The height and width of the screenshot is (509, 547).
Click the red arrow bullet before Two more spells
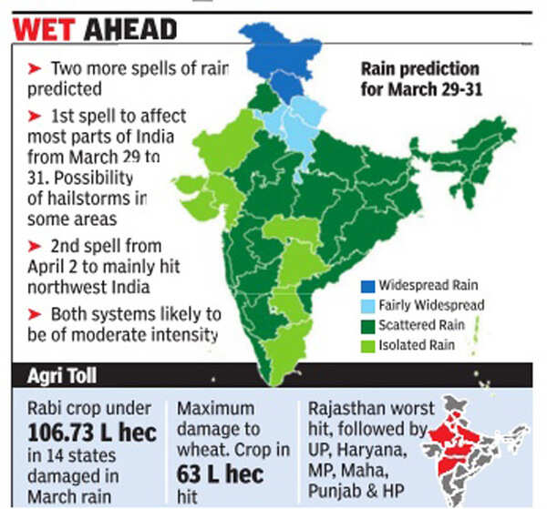click(34, 68)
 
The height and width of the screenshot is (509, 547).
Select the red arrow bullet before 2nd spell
click(34, 246)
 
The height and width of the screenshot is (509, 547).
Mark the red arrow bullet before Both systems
click(34, 313)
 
